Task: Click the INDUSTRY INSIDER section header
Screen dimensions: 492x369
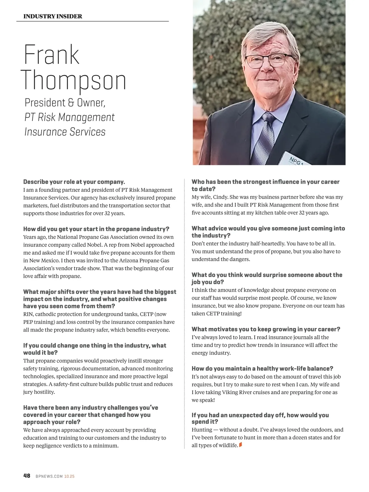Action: pos(53,16)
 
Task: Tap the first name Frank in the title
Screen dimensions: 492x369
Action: pos(51,55)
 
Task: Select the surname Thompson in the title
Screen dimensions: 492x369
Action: pos(74,81)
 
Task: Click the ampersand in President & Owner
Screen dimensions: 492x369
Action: pos(71,103)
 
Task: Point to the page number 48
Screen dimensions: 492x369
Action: pos(27,476)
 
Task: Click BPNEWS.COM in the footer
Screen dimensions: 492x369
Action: pos(49,476)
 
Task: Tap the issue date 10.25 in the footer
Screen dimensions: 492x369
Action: pos(69,476)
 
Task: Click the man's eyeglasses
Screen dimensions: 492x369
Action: pos(269,60)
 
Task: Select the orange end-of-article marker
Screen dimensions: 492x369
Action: pos(240,445)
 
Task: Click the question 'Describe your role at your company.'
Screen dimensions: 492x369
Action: pos(74,182)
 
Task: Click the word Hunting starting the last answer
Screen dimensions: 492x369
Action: pos(202,429)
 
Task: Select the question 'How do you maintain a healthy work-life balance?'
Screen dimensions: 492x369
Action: pos(262,369)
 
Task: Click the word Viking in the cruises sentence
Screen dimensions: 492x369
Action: pos(230,392)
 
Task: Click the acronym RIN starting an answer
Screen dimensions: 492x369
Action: pos(28,314)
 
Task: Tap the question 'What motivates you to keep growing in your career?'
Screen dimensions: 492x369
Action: pos(266,329)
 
